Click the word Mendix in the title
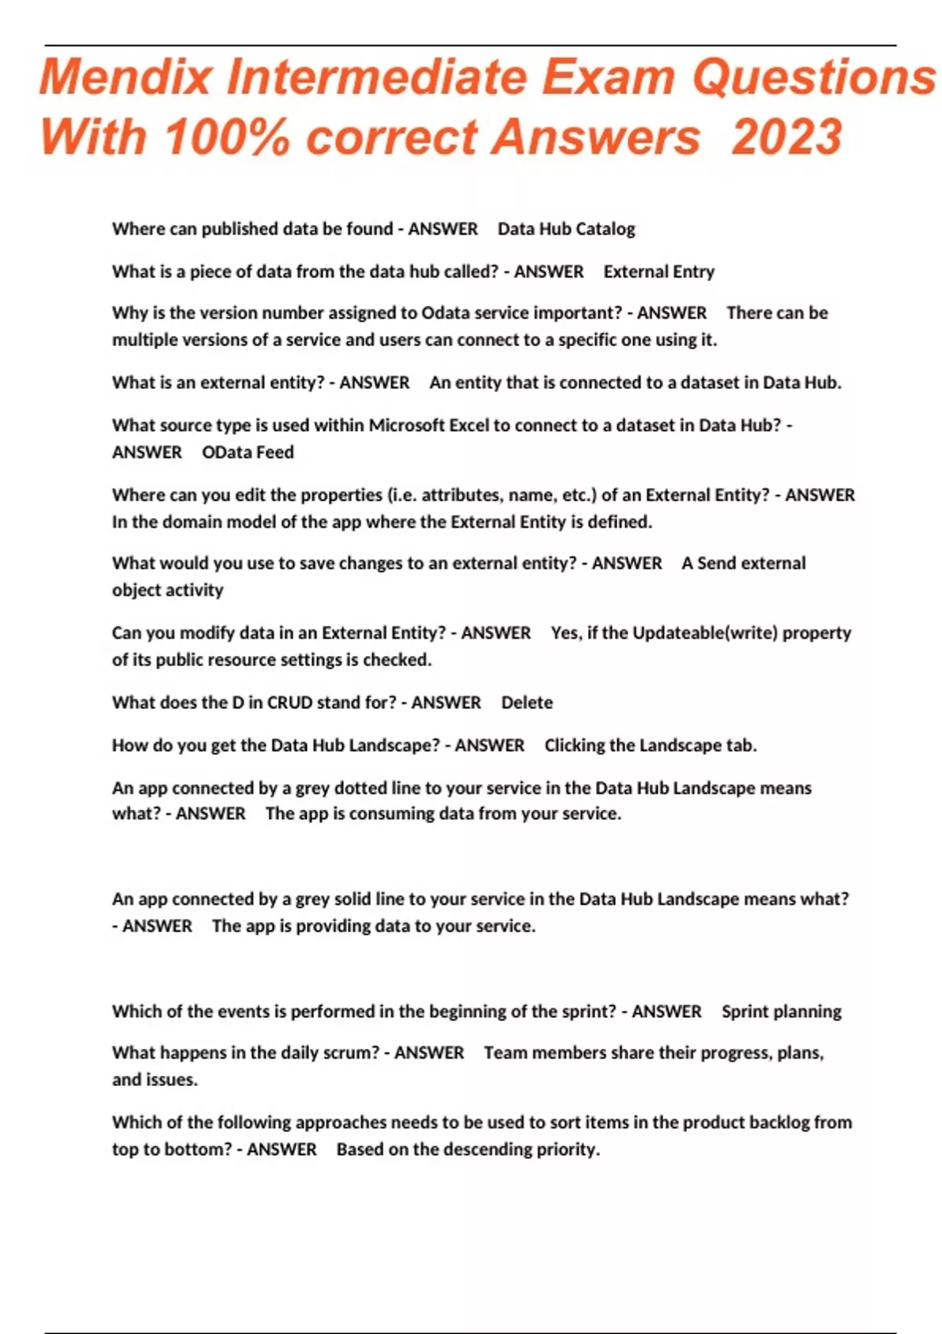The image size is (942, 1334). pos(126,78)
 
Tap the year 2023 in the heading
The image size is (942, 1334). pos(787,137)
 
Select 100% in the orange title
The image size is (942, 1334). pos(227,137)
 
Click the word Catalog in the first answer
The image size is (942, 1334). pos(605,229)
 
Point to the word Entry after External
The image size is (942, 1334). pos(692,272)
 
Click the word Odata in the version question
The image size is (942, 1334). pos(445,313)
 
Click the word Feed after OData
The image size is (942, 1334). pos(274,453)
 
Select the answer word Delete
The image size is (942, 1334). pos(527,703)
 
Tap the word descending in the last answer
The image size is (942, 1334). pos(487,1150)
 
